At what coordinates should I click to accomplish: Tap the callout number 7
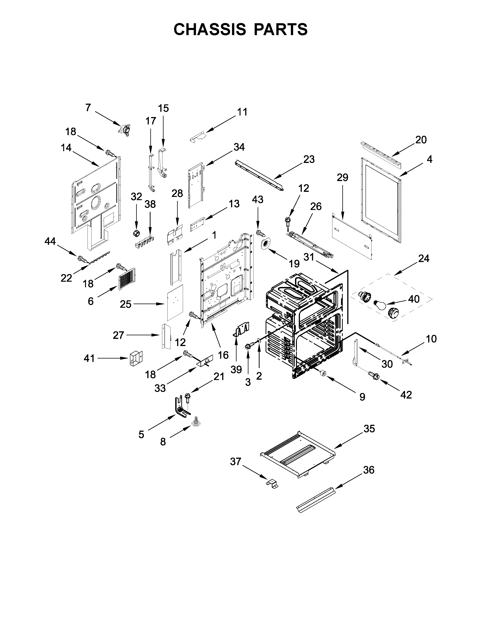[x=88, y=108]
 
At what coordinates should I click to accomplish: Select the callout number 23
[x=309, y=159]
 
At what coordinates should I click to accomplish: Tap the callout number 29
[x=343, y=178]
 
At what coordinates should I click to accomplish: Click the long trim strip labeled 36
[x=316, y=501]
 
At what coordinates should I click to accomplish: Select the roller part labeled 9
[x=323, y=373]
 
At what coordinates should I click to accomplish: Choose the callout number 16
[x=223, y=355]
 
